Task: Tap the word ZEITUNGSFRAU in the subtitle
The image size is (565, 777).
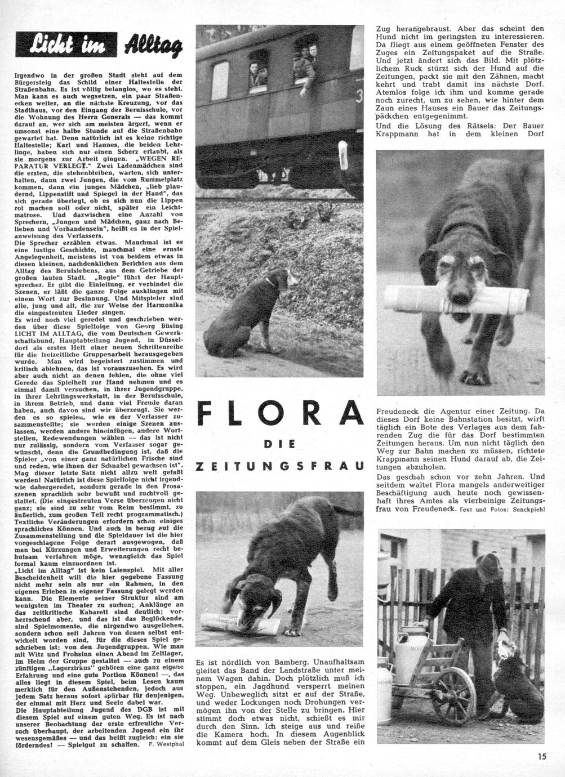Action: (279, 467)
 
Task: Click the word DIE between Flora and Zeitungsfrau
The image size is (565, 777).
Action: (279, 444)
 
